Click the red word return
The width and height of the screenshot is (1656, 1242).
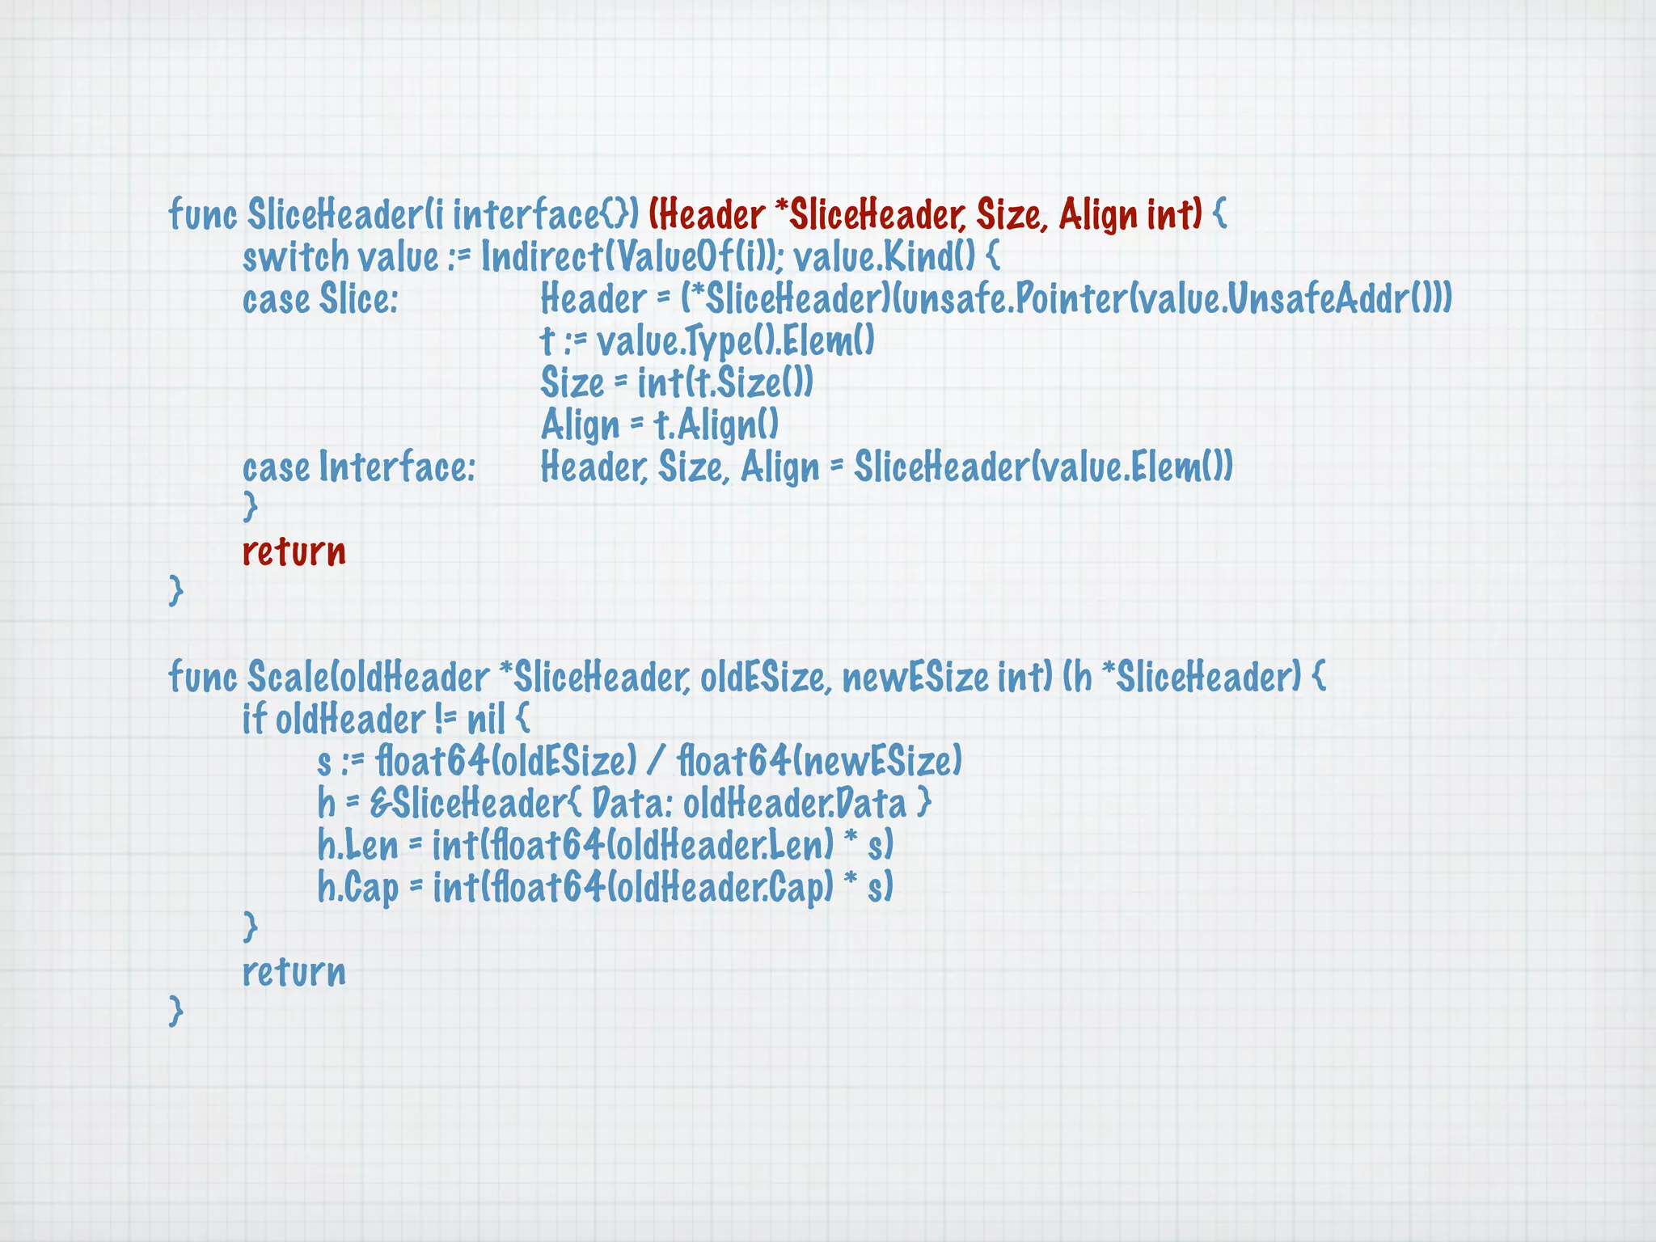pyautogui.click(x=294, y=552)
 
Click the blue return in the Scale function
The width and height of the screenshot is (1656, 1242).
pyautogui.click(x=294, y=972)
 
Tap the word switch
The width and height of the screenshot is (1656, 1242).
pyautogui.click(x=295, y=258)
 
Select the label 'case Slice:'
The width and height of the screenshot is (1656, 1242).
pyautogui.click(x=320, y=299)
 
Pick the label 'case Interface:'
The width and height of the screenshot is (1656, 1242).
pyautogui.click(x=359, y=467)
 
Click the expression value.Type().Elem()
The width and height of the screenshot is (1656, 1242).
pyautogui.click(x=735, y=341)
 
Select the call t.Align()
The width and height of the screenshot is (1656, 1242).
pyautogui.click(x=716, y=425)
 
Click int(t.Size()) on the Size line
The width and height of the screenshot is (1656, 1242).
pyautogui.click(x=724, y=383)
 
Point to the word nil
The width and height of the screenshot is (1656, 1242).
pyautogui.click(x=486, y=720)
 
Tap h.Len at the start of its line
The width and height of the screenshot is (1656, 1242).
pyautogui.click(x=357, y=846)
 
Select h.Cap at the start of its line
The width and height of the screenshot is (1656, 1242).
pyautogui.click(x=357, y=888)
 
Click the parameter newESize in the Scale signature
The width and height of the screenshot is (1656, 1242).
pyautogui.click(x=915, y=678)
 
